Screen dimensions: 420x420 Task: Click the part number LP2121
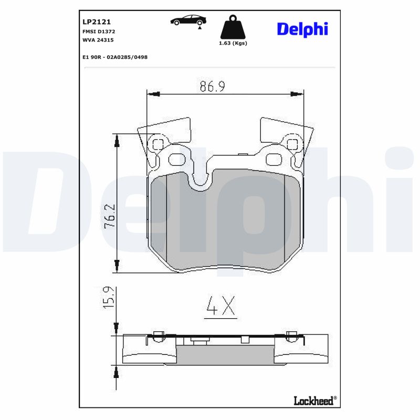(x=96, y=22)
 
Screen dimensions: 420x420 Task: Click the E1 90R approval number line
(x=115, y=57)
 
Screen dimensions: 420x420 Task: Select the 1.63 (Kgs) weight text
(x=233, y=43)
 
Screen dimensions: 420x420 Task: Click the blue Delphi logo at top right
(x=302, y=29)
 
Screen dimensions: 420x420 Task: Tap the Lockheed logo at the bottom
(x=314, y=401)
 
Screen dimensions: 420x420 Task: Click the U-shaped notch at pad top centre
(x=200, y=181)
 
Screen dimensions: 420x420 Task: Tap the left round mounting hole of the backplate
(x=156, y=143)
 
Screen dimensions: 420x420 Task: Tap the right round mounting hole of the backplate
(x=292, y=143)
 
